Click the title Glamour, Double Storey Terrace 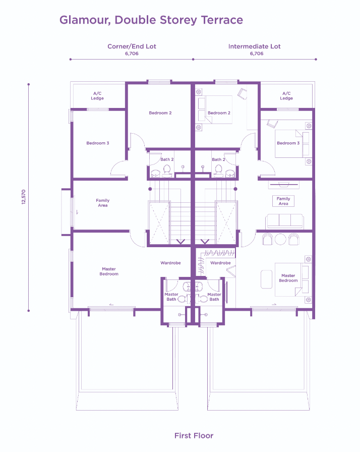[x=151, y=20]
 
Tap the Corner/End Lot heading [x=132, y=46]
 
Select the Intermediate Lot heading [x=254, y=46]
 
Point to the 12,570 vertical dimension [x=23, y=197]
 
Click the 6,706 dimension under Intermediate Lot [x=256, y=53]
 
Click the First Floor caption [x=194, y=435]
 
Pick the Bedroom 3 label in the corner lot [x=97, y=143]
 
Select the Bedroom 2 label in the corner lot [x=160, y=113]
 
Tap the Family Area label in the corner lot [x=102, y=203]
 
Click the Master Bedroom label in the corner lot [x=109, y=271]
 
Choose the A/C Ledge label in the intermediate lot [x=286, y=96]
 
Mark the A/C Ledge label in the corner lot [x=97, y=96]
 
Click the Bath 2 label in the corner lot [x=167, y=159]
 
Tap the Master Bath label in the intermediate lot [x=214, y=297]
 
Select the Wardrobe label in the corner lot [x=170, y=263]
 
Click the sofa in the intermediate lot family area [x=284, y=220]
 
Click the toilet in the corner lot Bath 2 [x=155, y=174]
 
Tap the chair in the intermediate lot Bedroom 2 [x=243, y=93]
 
